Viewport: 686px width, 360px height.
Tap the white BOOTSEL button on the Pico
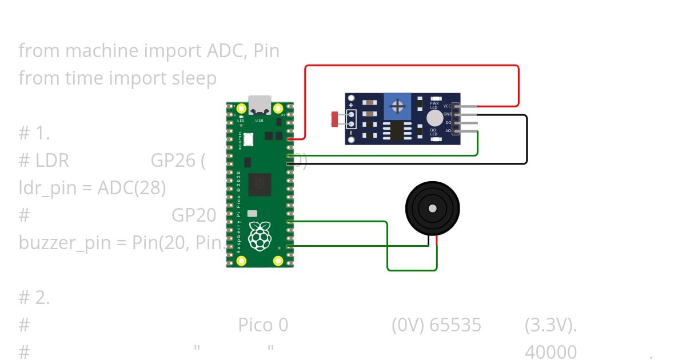pyautogui.click(x=249, y=138)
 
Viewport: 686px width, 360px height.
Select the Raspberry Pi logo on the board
pyautogui.click(x=260, y=235)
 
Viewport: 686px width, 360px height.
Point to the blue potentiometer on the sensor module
pyautogui.click(x=398, y=106)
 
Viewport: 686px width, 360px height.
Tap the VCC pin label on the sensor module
pyautogui.click(x=448, y=106)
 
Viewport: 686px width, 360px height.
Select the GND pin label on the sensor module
pyautogui.click(x=448, y=114)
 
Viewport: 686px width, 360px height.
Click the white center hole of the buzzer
pyautogui.click(x=433, y=207)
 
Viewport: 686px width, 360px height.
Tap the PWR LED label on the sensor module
pyautogui.click(x=434, y=105)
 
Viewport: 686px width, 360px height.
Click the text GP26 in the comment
pyautogui.click(x=173, y=161)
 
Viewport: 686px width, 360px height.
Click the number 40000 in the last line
pyautogui.click(x=551, y=352)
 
